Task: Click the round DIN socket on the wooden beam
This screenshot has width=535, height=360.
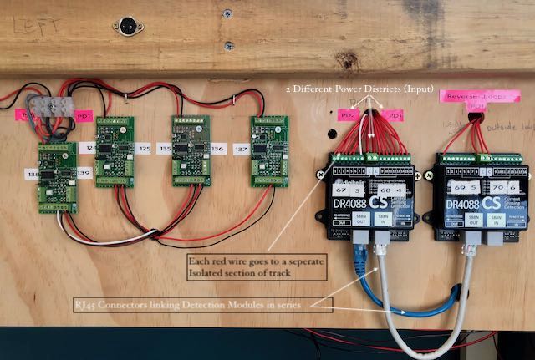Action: coord(129,25)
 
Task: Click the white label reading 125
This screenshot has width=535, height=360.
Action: coord(144,149)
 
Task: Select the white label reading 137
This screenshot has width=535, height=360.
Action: coord(242,149)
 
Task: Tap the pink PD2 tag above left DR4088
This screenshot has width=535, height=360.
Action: coord(349,114)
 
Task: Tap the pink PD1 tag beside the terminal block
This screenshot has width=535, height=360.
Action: coord(84,115)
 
